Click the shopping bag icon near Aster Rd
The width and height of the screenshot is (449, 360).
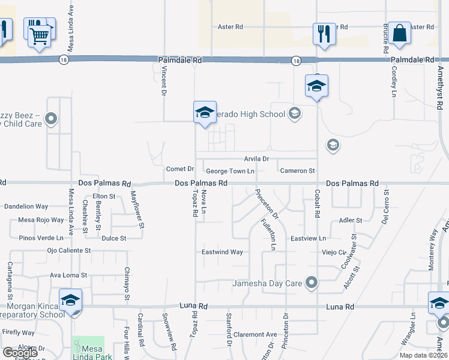pos(399,34)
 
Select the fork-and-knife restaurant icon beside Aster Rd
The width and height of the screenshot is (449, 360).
pos(324,34)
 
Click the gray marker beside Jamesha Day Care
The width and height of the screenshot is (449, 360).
pos(311,282)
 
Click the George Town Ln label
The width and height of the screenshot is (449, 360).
pos(231,172)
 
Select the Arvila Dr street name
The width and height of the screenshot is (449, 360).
pos(256,159)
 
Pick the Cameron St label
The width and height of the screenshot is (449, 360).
pos(297,171)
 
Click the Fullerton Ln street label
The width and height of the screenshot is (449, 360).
pos(269,234)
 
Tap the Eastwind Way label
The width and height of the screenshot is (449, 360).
pos(222,252)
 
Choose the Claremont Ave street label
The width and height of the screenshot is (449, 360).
pos(255,334)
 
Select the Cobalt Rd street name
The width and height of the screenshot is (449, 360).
pos(316,203)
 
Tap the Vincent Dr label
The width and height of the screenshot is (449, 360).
pos(163,81)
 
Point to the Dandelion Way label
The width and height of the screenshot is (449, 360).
pos(26,206)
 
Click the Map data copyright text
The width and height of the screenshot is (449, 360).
pos(424,355)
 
